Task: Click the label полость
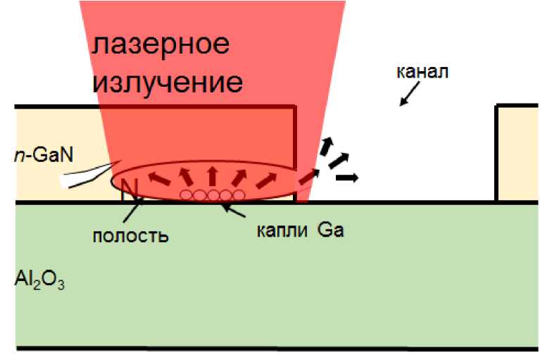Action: click(x=131, y=235)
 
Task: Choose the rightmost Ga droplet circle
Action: click(x=239, y=194)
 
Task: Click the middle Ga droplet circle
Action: click(x=213, y=194)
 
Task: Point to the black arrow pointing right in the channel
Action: click(x=346, y=178)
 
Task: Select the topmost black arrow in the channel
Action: click(x=326, y=146)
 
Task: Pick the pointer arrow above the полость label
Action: click(x=137, y=209)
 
